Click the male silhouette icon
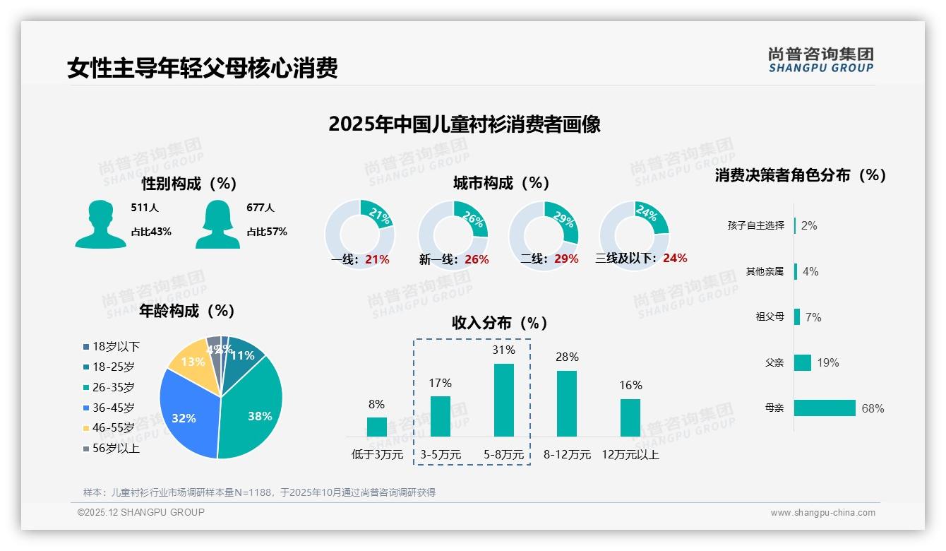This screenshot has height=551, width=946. point(100,224)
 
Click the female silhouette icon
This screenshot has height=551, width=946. point(217,224)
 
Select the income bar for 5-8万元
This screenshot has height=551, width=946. point(503,400)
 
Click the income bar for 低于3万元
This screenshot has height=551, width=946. point(377,427)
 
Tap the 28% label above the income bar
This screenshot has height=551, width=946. point(567,357)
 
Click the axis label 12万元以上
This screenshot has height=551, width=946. point(630,455)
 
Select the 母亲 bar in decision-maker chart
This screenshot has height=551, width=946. point(825,408)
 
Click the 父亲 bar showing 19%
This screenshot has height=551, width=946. point(803,362)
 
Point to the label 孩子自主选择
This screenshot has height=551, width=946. point(755,225)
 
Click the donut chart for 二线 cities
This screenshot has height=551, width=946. point(544,235)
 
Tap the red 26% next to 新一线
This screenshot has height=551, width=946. point(477,259)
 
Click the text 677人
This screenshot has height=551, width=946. point(261,208)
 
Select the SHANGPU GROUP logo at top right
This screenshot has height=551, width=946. point(820,59)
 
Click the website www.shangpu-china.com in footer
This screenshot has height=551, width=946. point(822,513)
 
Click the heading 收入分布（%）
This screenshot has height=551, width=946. point(500,324)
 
